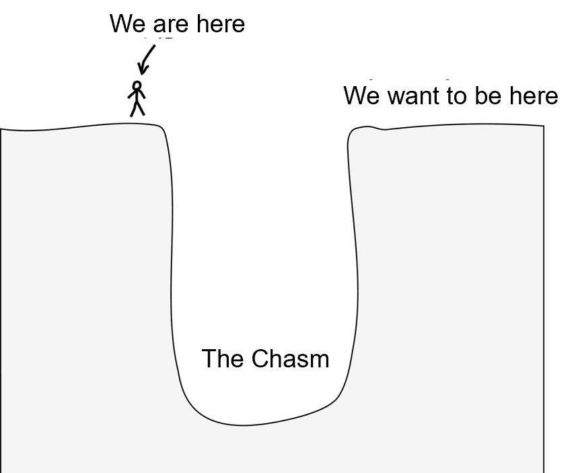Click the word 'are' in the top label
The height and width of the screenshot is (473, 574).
click(171, 24)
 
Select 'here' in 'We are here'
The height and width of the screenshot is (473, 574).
click(220, 24)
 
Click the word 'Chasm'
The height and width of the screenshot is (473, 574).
click(290, 359)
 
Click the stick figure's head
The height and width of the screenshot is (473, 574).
click(137, 86)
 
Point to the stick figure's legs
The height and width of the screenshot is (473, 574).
click(138, 109)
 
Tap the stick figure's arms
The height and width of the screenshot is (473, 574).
click(137, 94)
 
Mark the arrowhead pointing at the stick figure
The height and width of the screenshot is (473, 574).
click(143, 69)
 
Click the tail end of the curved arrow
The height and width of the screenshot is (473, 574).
click(155, 46)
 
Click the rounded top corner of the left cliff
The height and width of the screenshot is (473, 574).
click(161, 128)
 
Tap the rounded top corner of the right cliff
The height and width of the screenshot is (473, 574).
click(351, 133)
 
